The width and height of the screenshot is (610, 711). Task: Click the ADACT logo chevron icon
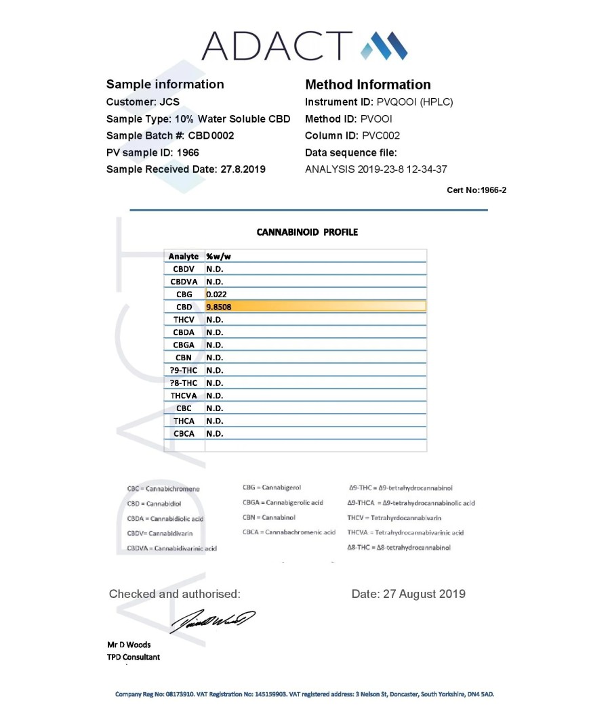point(384,45)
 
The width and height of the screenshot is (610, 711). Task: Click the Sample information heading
point(165,85)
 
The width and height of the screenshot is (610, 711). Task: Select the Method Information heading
point(367,85)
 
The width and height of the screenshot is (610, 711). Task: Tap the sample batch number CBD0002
point(211,135)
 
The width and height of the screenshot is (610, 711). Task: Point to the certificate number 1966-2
point(491,190)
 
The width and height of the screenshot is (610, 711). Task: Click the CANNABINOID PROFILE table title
point(307,232)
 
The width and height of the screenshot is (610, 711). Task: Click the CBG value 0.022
point(216,295)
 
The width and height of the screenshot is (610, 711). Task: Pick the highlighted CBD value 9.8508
point(221,307)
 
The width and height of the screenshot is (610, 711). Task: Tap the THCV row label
point(184,320)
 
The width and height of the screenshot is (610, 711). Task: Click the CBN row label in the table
point(184,358)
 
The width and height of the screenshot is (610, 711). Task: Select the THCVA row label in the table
point(184,395)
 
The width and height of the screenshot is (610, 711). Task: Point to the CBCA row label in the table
point(184,433)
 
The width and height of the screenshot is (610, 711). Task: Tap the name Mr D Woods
point(129,645)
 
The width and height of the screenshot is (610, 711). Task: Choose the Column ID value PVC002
point(381,135)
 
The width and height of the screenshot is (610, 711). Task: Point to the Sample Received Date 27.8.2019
point(243,169)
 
